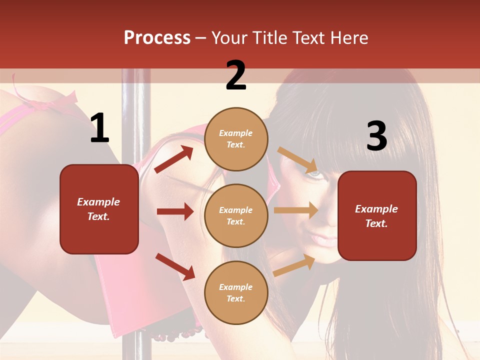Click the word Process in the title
coord(157,38)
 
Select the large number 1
coord(99,128)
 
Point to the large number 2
coord(236,75)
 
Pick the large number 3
coord(376,136)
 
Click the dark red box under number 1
coord(99,209)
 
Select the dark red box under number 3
coord(377,216)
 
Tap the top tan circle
coord(236,139)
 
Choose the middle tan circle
coord(236,215)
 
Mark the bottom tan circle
coord(236,292)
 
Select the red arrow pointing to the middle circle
coord(175,211)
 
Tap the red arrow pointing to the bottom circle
coord(175,266)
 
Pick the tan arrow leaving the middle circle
coord(296,210)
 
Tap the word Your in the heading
coord(229,38)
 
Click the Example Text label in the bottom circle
coord(236,292)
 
